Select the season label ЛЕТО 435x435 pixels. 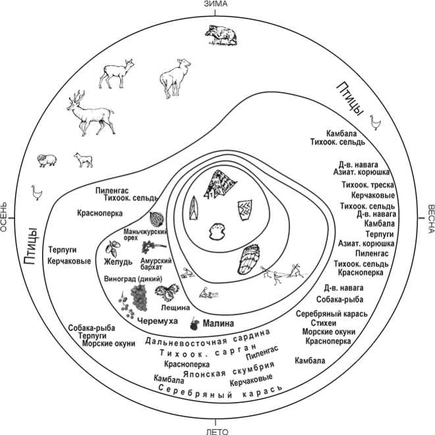click(x=217, y=431)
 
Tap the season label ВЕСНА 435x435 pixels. click(x=430, y=217)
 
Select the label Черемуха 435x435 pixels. click(x=159, y=320)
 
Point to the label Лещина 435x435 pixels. click(x=175, y=307)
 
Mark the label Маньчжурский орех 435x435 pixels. click(x=143, y=236)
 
